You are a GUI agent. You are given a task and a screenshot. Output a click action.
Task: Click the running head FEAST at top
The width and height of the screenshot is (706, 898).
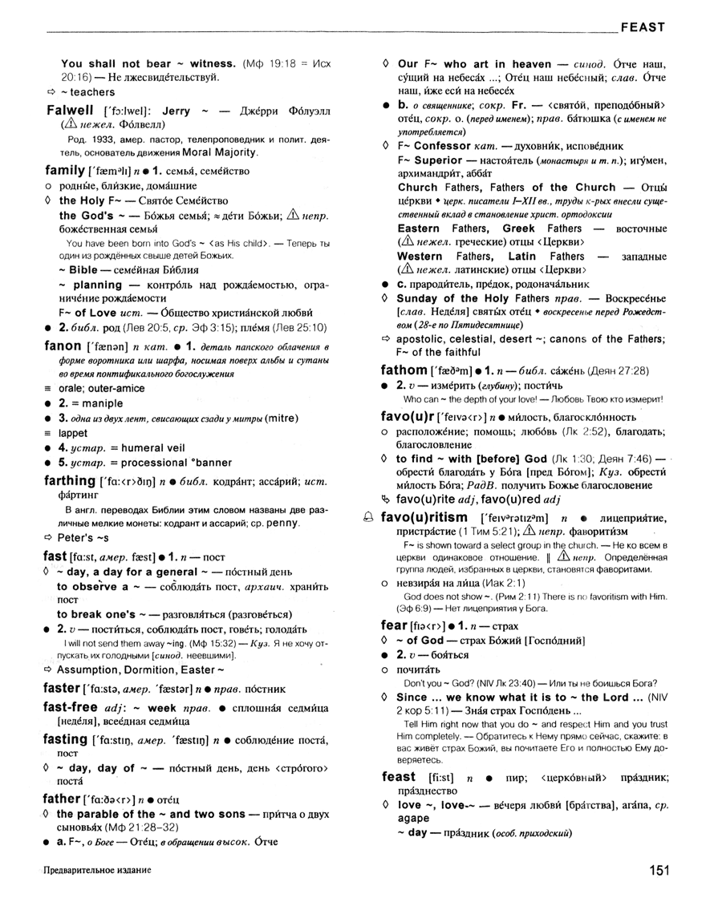642,27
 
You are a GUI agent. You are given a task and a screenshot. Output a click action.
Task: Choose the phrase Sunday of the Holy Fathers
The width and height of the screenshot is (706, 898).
469,297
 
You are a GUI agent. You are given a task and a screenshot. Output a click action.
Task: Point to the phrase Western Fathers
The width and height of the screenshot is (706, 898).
435,256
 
